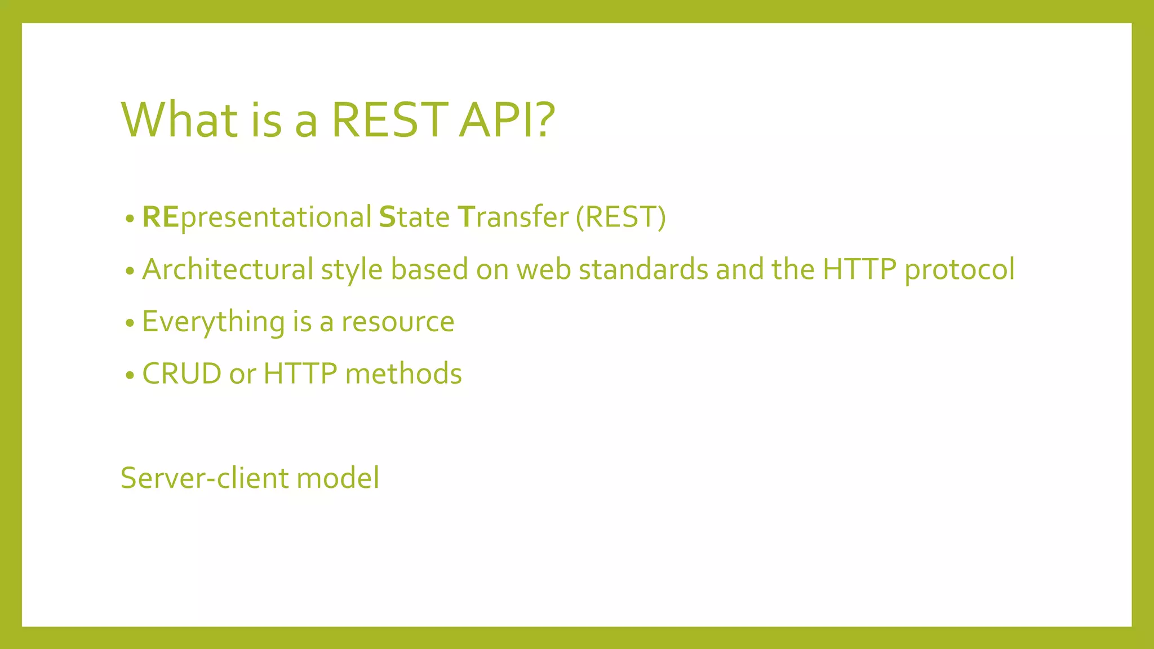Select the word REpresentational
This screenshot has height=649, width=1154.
256,217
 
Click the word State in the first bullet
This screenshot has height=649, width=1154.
414,217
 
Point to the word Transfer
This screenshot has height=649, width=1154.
513,217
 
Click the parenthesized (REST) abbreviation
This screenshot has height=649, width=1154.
620,217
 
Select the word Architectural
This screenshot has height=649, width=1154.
228,269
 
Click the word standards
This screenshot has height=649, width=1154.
643,269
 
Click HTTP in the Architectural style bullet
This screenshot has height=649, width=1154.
859,269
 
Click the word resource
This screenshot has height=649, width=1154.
398,322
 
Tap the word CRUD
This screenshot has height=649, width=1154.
181,374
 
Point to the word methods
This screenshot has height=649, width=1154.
403,374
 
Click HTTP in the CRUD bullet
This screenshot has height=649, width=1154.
300,374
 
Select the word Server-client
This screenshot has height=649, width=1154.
204,478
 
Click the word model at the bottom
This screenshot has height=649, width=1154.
338,478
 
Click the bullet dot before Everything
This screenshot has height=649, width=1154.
130,323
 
